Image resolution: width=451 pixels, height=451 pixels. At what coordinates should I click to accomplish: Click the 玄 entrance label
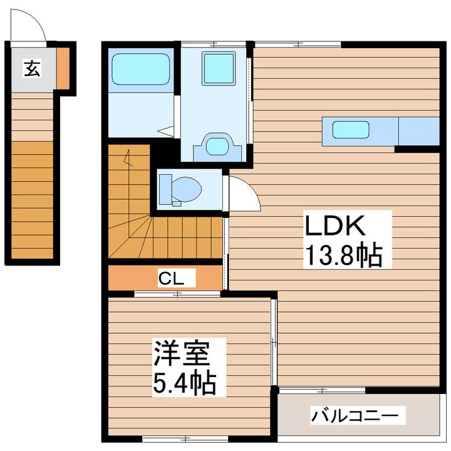(32, 68)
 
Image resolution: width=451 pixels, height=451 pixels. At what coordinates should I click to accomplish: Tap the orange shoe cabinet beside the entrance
(63, 68)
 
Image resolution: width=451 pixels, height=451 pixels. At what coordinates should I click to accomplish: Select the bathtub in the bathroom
(141, 70)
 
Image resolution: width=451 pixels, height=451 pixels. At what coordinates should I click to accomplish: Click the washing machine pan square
(219, 68)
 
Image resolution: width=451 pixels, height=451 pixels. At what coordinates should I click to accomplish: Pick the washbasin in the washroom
(217, 147)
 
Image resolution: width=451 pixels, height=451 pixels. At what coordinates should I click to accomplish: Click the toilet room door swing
(244, 194)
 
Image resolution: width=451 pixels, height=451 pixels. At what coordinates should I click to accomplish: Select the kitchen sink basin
(351, 130)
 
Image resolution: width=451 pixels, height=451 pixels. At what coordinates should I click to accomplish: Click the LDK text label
(334, 225)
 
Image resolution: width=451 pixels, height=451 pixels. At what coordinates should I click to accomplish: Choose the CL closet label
(171, 278)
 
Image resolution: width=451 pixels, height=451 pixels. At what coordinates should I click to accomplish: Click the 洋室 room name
(181, 353)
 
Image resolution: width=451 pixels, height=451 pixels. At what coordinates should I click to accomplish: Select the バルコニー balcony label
(356, 415)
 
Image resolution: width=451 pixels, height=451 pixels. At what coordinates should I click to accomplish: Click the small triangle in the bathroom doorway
(165, 131)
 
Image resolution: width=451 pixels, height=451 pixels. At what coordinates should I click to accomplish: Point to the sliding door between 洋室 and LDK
(274, 342)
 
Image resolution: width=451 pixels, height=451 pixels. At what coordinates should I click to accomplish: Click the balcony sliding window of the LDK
(322, 390)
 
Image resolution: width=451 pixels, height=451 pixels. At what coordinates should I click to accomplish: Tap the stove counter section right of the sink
(419, 131)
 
